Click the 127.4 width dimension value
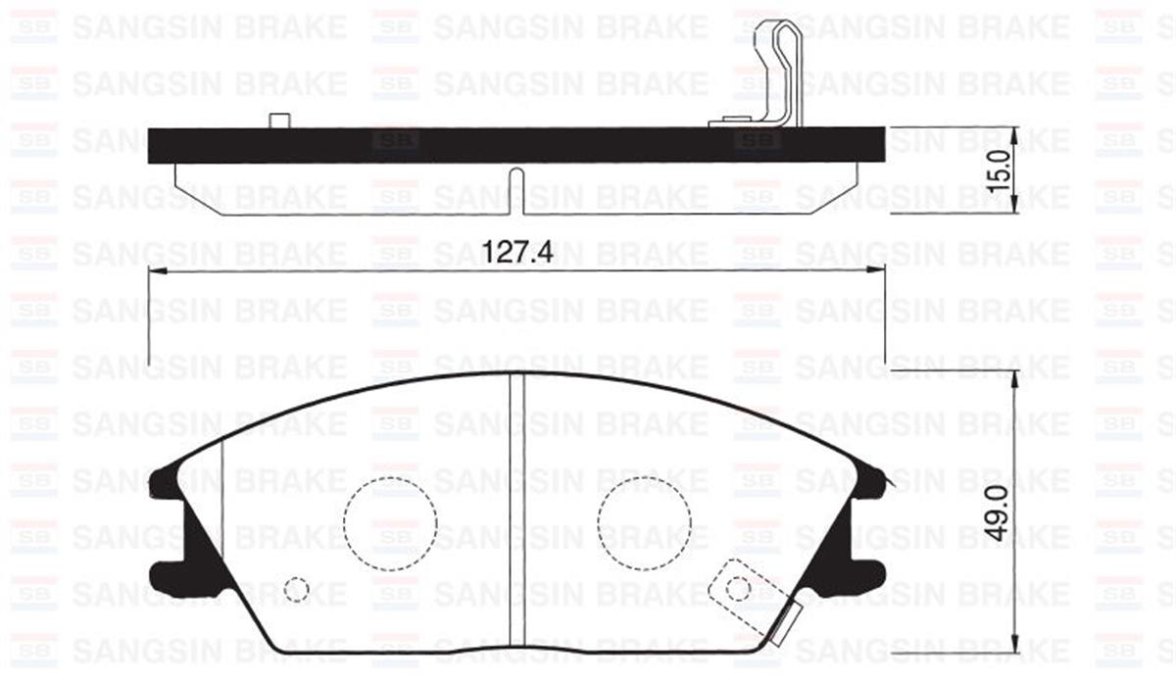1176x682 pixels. point(517,252)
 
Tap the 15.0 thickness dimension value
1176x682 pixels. point(1000,170)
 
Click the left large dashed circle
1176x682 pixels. point(391,523)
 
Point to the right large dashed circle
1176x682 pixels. point(644,523)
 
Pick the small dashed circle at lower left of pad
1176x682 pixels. point(296,589)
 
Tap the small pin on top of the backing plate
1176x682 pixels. point(279,121)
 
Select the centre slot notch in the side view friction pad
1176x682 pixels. point(517,191)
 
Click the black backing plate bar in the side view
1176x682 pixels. point(516,145)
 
